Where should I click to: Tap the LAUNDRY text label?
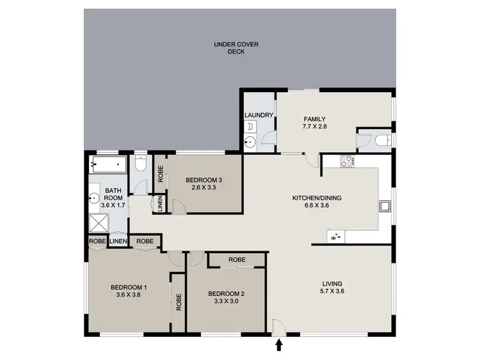tap(259, 116)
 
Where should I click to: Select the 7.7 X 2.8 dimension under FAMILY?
tap(314, 127)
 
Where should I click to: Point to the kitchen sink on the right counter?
tap(385, 207)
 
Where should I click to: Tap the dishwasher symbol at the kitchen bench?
tap(335, 237)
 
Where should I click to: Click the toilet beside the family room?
tap(381, 140)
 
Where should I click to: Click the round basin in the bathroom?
tap(93, 198)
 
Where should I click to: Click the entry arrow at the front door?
tap(279, 346)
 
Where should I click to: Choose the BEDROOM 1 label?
tap(129, 286)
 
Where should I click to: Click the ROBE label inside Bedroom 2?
tap(237, 260)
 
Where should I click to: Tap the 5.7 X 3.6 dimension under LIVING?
tap(332, 292)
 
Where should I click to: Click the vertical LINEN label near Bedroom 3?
tap(159, 205)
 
